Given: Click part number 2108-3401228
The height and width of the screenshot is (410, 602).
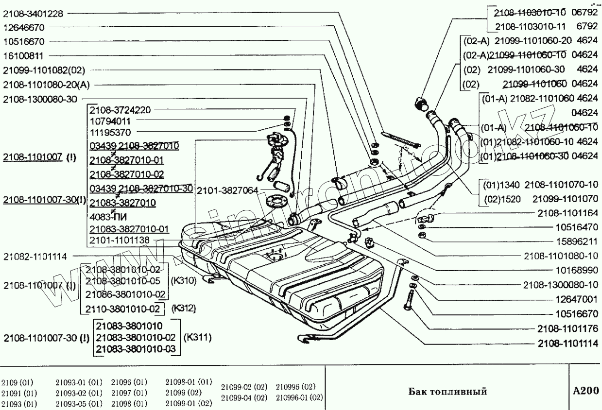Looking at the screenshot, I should coord(33,14).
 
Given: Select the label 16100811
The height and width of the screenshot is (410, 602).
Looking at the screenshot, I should coord(24,56).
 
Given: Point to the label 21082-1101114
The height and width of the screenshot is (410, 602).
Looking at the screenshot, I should coord(35,256).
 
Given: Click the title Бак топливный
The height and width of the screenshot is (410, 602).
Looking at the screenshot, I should coord(447,392).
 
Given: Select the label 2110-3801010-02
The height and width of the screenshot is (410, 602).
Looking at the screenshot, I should coord(122,308).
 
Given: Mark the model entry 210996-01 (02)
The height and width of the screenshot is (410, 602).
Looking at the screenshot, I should coord(299,397).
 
